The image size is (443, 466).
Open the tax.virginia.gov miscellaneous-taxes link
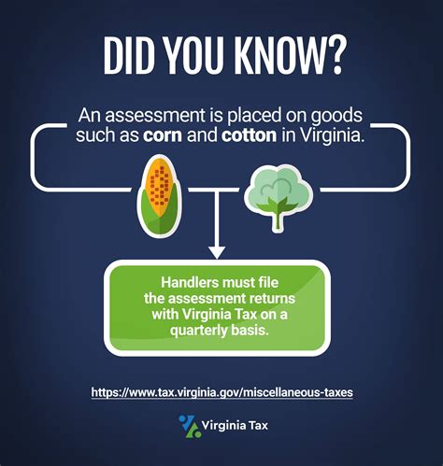coord(221,392)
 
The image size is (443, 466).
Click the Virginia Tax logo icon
coord(189,427)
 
